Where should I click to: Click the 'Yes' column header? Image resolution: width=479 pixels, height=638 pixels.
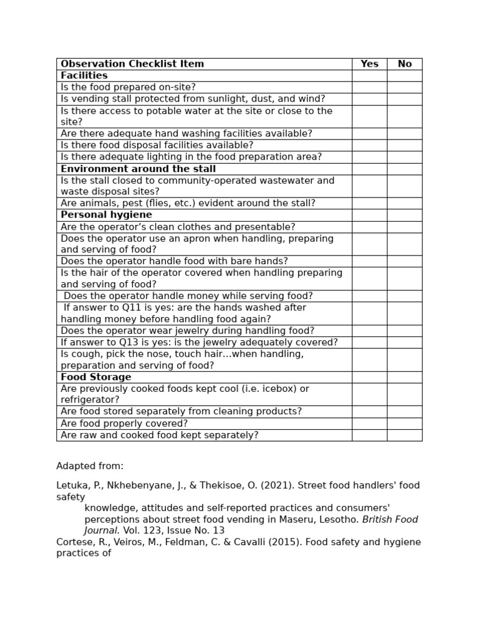[x=369, y=64]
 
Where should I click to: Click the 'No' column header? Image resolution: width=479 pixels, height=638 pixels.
[x=404, y=64]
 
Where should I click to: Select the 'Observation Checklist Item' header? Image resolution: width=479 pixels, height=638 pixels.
[x=132, y=64]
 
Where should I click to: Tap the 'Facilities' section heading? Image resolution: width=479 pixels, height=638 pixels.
[x=84, y=75]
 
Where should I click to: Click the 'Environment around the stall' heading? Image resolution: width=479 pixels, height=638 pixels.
[x=138, y=169]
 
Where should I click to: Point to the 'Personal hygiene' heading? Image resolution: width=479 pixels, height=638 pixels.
[x=97, y=215]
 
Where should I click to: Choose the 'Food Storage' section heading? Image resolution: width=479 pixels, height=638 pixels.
[x=96, y=377]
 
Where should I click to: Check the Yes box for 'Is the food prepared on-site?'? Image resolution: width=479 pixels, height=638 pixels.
[x=369, y=87]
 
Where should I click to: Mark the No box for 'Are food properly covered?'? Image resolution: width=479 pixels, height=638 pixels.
[x=404, y=424]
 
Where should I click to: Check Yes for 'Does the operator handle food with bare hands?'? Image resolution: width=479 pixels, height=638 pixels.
[x=369, y=261]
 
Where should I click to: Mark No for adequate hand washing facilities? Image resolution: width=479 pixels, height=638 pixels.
[x=404, y=133]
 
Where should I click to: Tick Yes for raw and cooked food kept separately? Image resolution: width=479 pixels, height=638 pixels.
[x=369, y=435]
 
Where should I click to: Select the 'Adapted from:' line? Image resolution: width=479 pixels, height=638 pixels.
[x=90, y=466]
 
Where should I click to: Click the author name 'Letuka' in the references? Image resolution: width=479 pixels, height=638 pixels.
[x=72, y=485]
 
